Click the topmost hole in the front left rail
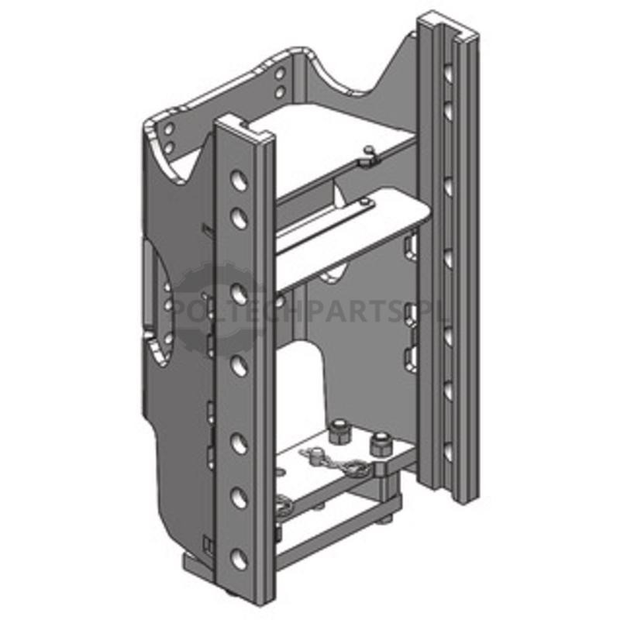239,181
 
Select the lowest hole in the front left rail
239,559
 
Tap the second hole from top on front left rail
239,219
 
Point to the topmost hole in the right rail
449,74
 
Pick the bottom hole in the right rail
448,452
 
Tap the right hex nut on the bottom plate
380,443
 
